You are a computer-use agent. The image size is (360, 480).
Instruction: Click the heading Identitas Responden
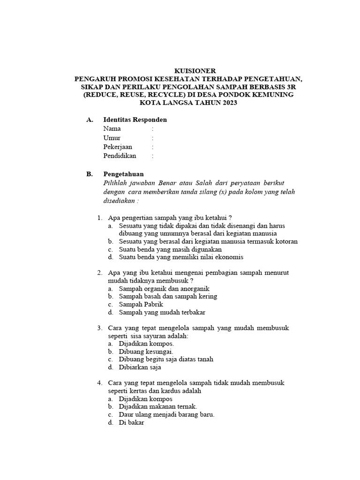tap(135, 120)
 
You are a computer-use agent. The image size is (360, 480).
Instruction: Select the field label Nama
tap(112, 128)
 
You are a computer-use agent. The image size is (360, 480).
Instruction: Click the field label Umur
tap(112, 138)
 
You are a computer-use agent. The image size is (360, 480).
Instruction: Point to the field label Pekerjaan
tap(118, 147)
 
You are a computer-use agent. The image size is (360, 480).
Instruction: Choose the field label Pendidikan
tap(120, 156)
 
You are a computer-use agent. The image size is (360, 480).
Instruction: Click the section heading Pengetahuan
tap(123, 174)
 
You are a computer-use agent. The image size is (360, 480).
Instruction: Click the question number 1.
tap(99, 217)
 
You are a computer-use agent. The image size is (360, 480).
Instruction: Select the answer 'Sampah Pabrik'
tap(141, 304)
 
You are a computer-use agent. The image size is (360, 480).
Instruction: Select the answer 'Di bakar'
tap(132, 422)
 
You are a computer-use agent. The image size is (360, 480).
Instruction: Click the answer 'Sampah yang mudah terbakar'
tap(162, 312)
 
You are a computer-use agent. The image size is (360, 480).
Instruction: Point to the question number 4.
tap(99, 383)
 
